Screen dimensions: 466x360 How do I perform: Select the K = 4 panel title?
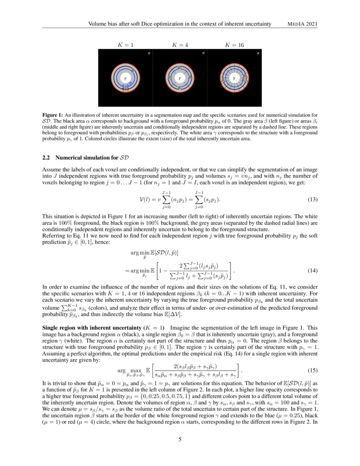coord(180,44)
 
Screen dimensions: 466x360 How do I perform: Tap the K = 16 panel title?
coord(234,44)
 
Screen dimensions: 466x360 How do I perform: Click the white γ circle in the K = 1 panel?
coord(125,78)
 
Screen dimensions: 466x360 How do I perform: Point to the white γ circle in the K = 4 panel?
coord(180,78)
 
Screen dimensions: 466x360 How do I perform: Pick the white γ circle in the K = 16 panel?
coord(234,78)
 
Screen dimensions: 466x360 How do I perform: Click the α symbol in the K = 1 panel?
coord(148,53)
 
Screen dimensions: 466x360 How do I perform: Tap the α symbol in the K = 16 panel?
coord(258,53)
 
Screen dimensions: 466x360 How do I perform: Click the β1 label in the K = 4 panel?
coord(180,68)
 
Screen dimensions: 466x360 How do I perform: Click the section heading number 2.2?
coord(47,158)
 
